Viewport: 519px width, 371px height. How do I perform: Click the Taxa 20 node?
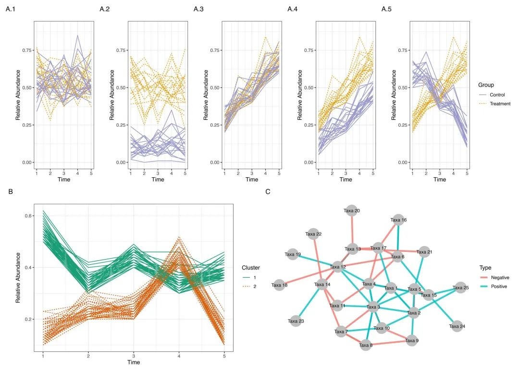pyautogui.click(x=352, y=210)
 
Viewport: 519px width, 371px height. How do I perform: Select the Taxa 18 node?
pyautogui.click(x=279, y=285)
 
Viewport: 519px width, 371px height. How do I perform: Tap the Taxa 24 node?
pyautogui.click(x=457, y=326)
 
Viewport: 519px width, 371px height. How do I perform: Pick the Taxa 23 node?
pyautogui.click(x=296, y=321)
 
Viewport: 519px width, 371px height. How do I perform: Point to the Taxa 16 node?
pyautogui.click(x=398, y=220)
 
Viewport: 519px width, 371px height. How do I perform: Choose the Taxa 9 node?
pyautogui.click(x=412, y=340)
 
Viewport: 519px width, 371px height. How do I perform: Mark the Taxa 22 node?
pyautogui.click(x=313, y=234)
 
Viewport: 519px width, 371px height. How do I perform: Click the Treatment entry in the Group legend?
pyautogui.click(x=500, y=103)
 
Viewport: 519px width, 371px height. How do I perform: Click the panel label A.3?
pyautogui.click(x=199, y=9)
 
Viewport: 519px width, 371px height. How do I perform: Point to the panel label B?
pyautogui.click(x=11, y=192)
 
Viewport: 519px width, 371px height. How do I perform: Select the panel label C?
pyautogui.click(x=267, y=192)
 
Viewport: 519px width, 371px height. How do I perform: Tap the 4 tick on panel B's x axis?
pyautogui.click(x=179, y=356)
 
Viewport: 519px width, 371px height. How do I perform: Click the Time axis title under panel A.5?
pyautogui.click(x=439, y=179)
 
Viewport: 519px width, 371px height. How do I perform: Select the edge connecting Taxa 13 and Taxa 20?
pyautogui.click(x=352, y=230)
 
